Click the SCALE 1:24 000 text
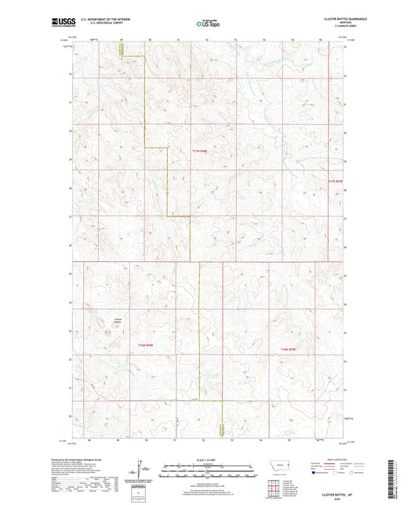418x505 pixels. [209, 459]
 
